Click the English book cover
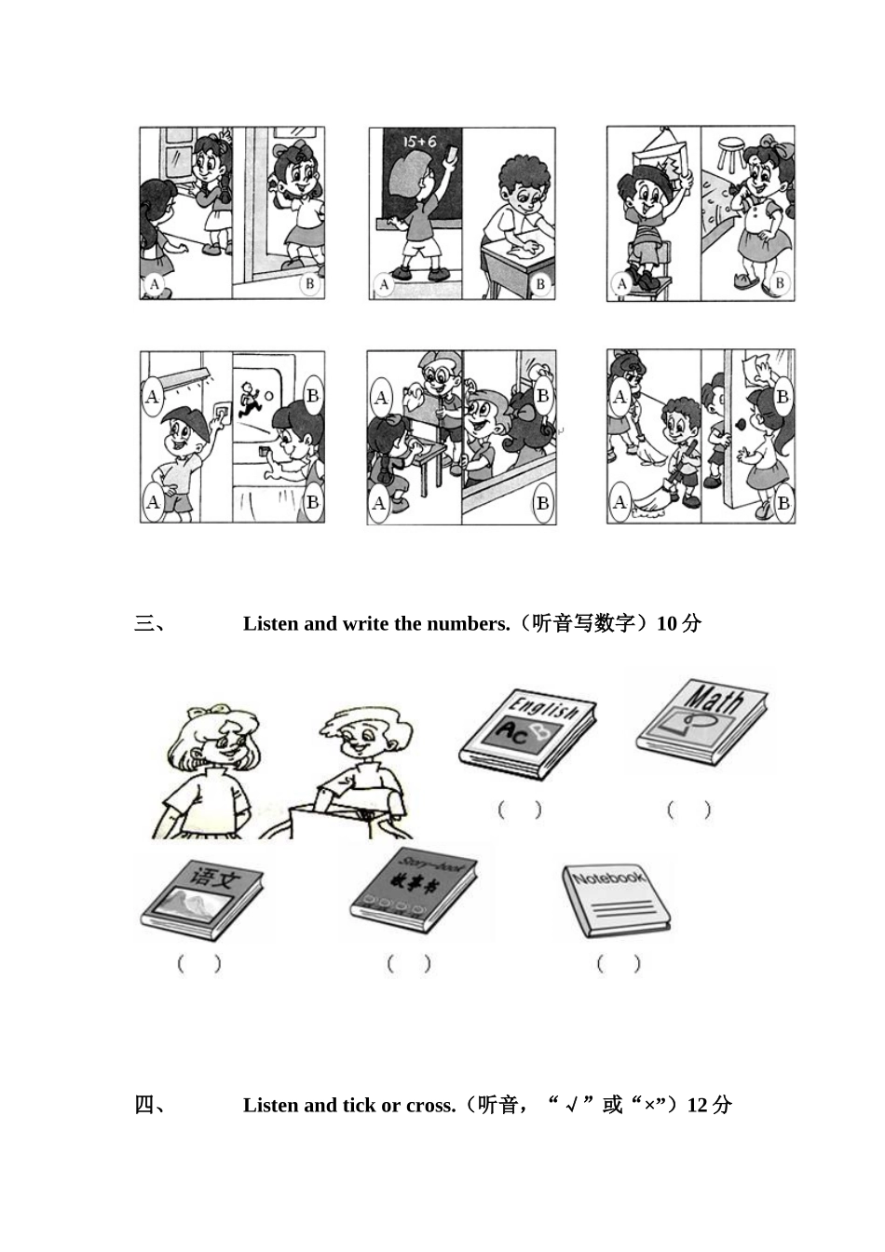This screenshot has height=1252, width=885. tap(527, 733)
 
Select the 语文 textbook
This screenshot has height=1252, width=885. tap(201, 896)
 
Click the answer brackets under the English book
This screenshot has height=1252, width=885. tap(519, 810)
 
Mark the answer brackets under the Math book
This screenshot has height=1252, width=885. tap(688, 810)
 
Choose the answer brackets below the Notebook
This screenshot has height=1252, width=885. tap(619, 964)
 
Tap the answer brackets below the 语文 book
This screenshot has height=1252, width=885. tap(199, 964)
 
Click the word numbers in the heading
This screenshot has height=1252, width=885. tap(472, 624)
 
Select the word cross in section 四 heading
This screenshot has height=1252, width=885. tap(430, 1106)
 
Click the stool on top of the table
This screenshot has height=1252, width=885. tap(731, 153)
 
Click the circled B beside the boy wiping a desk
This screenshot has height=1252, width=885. tap(540, 283)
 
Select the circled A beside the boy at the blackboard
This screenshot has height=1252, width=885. tap(383, 284)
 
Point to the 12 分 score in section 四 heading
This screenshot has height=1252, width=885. tap(709, 1106)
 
